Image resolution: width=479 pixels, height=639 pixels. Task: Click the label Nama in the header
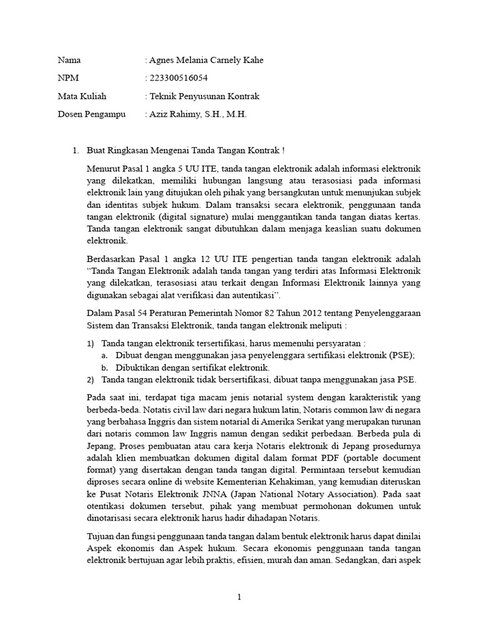(x=69, y=61)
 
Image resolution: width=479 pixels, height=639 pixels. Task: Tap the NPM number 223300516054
(x=178, y=79)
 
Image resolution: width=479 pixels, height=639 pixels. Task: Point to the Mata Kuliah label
(x=82, y=97)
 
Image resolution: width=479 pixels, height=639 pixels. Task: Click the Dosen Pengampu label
(x=91, y=115)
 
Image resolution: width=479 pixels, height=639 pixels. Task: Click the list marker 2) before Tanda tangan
(x=90, y=379)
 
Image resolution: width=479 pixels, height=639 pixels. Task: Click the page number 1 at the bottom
(x=239, y=597)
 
